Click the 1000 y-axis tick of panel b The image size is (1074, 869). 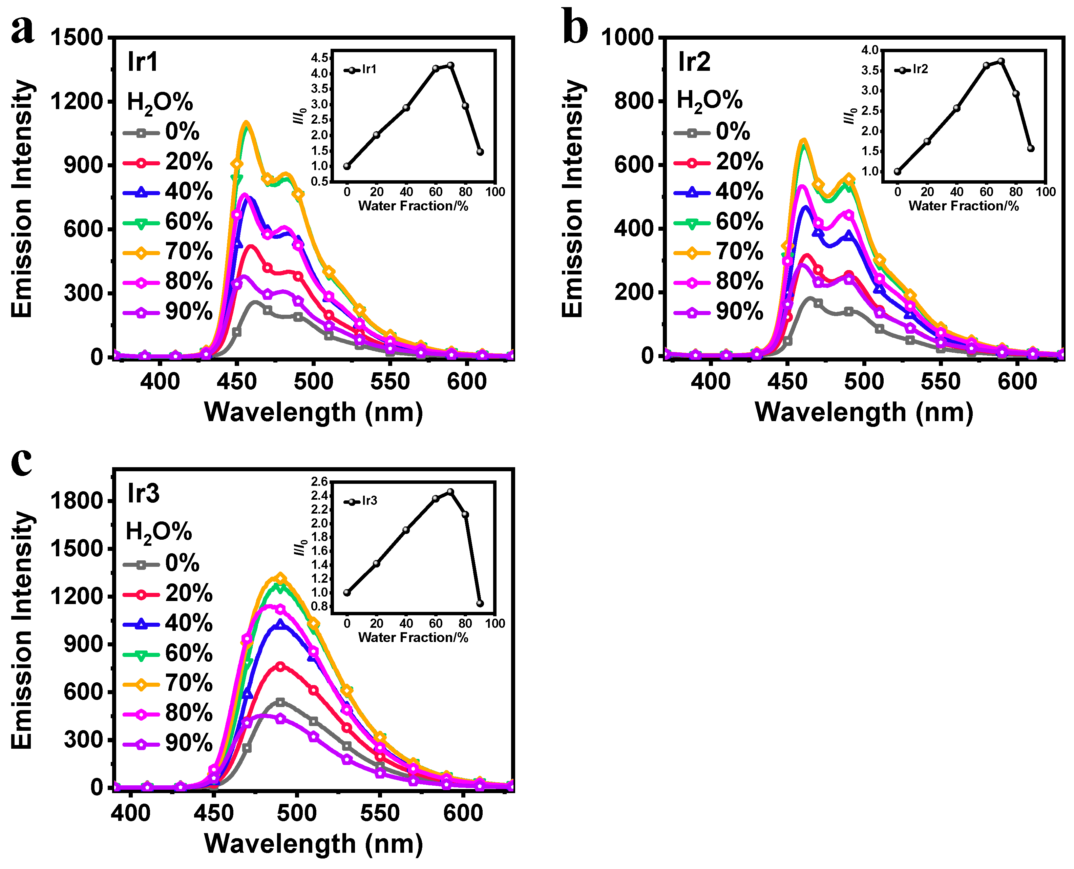point(627,38)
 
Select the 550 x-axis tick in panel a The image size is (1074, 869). point(390,382)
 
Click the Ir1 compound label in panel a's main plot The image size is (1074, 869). point(143,62)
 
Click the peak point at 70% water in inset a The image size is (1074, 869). point(450,65)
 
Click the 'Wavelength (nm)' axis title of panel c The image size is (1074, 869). point(314,844)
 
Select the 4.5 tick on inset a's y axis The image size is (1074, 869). point(319,58)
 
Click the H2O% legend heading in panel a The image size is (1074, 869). point(160,103)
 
